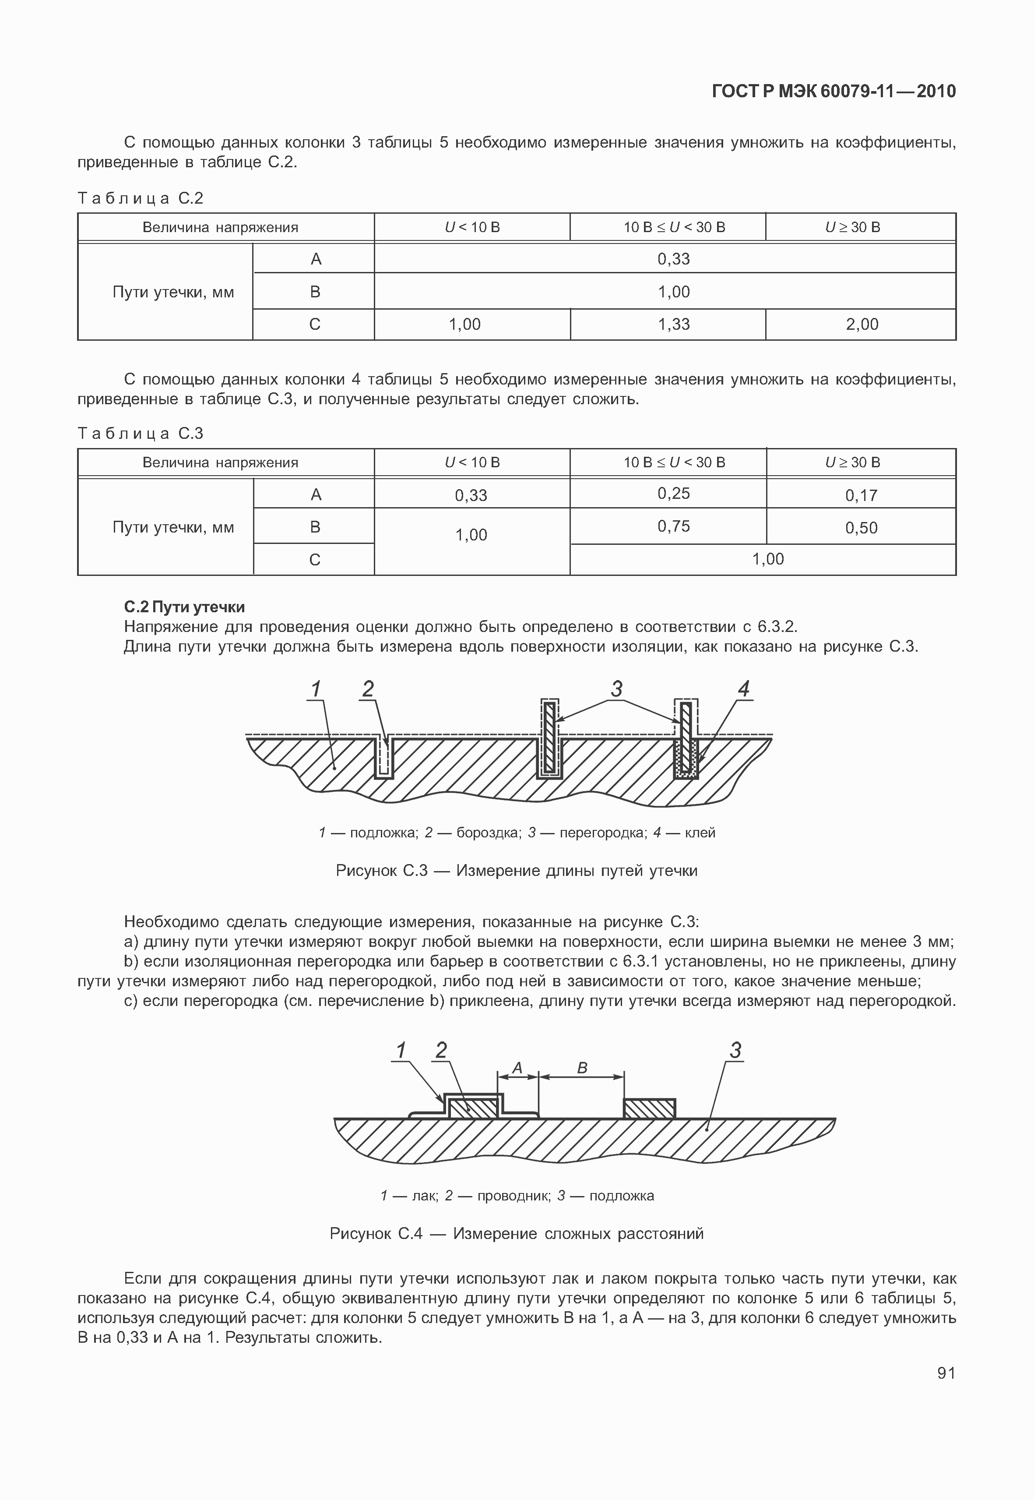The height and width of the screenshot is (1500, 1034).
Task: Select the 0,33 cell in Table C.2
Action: tap(673, 259)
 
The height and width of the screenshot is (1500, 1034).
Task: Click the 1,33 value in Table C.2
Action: tap(673, 324)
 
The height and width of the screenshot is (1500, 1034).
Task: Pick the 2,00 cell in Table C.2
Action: tap(862, 324)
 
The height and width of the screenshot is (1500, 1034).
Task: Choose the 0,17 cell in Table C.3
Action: tap(861, 495)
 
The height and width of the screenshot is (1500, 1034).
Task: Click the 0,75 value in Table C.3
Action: tap(673, 526)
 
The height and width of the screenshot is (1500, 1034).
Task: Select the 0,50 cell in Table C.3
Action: tap(861, 528)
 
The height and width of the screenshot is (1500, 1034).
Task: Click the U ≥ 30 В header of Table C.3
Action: tap(853, 462)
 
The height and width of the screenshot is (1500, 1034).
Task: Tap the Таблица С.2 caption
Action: tap(141, 198)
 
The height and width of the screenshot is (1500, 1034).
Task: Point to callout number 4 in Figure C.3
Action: tap(743, 689)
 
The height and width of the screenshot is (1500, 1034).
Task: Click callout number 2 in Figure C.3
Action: tap(368, 689)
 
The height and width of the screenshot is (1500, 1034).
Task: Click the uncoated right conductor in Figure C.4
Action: tap(649, 1109)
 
